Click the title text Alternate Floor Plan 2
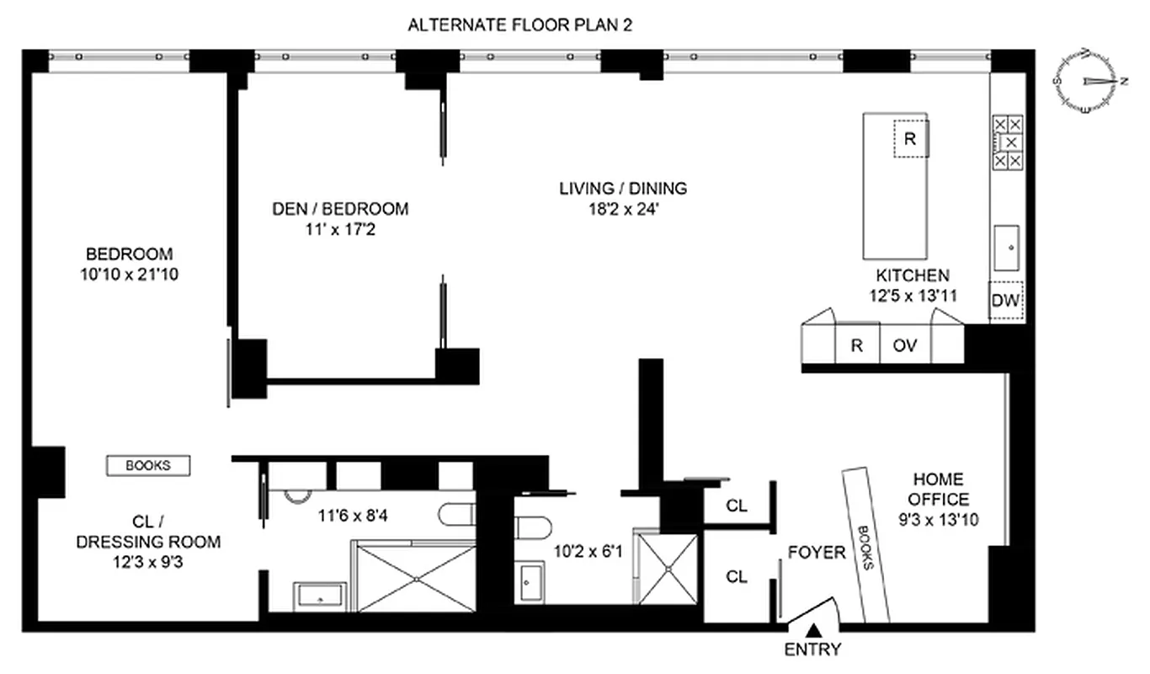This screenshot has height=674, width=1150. (x=519, y=25)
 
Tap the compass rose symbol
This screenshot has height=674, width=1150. (x=1089, y=81)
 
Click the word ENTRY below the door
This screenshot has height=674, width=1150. (x=812, y=650)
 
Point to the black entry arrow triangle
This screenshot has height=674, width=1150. (x=813, y=629)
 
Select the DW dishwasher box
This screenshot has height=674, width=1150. (x=1005, y=300)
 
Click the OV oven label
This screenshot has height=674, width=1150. (x=904, y=345)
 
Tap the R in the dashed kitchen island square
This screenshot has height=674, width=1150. (x=909, y=140)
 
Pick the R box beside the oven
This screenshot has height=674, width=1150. (x=857, y=345)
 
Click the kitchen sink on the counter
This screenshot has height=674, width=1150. (x=1006, y=244)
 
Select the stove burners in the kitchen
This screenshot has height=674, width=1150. (x=1006, y=142)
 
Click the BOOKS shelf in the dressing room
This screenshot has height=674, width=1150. (x=148, y=465)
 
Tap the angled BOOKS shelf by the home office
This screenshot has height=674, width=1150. (x=866, y=544)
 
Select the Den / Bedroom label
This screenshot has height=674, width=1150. (x=340, y=209)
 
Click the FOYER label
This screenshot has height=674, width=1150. (x=817, y=553)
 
